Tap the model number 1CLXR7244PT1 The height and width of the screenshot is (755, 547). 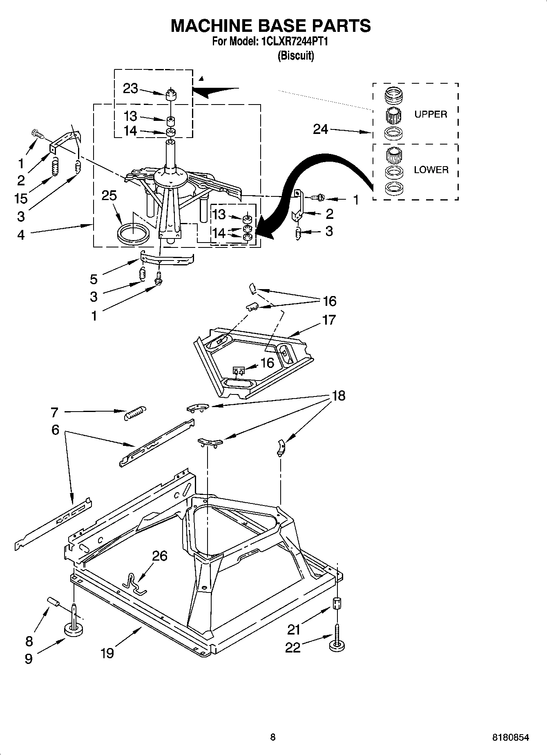tap(292, 42)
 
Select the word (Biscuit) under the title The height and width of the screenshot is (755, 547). tap(296, 56)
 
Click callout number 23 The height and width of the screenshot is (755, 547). tap(130, 88)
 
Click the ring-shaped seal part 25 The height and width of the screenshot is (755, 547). tap(133, 233)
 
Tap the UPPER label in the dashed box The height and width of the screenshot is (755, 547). tap(431, 114)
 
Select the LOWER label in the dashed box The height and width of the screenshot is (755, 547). tap(431, 170)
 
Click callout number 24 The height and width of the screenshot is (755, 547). tap(321, 129)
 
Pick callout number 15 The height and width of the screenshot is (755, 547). tap(21, 198)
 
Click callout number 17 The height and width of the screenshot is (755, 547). tap(329, 320)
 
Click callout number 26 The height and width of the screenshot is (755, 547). tap(160, 556)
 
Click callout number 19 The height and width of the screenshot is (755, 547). tap(107, 653)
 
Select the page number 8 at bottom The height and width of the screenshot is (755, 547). tap(272, 737)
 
